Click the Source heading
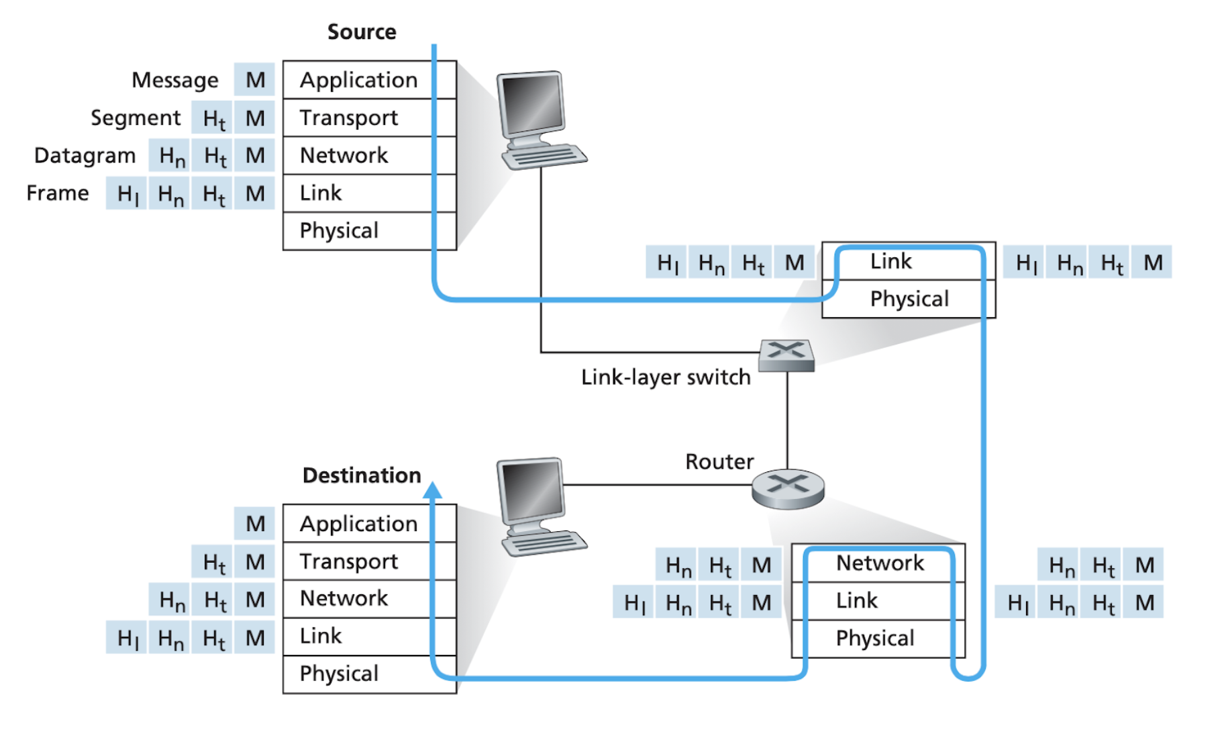pyautogui.click(x=362, y=32)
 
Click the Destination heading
pyautogui.click(x=362, y=475)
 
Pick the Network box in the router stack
pyautogui.click(x=879, y=563)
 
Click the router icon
pyautogui.click(x=788, y=488)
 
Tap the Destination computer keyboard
pyautogui.click(x=545, y=543)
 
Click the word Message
pyautogui.click(x=174, y=80)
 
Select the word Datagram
pyautogui.click(x=85, y=155)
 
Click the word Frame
pyautogui.click(x=58, y=193)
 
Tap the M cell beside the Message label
pyautogui.click(x=255, y=80)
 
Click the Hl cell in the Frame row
pyautogui.click(x=127, y=194)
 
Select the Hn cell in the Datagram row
pyautogui.click(x=171, y=156)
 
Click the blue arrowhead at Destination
pyautogui.click(x=433, y=490)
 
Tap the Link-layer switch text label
pyautogui.click(x=665, y=377)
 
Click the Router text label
pyautogui.click(x=719, y=461)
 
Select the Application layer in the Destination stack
pyautogui.click(x=358, y=524)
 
